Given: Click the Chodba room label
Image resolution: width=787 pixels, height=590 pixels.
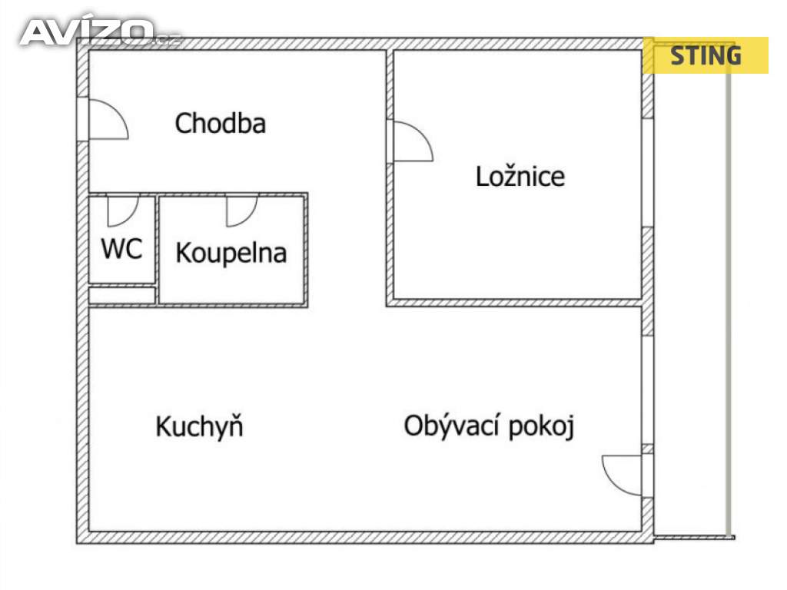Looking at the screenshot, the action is tap(221, 124).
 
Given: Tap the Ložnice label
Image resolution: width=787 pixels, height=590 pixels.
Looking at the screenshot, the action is tap(520, 176).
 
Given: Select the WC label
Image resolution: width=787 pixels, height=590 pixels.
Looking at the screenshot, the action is tap(121, 248).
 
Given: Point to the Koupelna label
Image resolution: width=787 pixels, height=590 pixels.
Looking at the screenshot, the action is tap(231, 253).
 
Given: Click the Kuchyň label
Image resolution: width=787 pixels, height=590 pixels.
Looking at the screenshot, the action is tap(199, 426).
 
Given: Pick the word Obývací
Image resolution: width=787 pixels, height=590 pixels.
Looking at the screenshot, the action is tap(453, 426).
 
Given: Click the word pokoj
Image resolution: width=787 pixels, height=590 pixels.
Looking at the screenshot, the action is tap(542, 427).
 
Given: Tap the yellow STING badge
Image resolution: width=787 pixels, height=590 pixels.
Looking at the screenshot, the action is tap(706, 55).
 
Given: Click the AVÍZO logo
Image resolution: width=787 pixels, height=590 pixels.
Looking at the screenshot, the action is tap(99, 32).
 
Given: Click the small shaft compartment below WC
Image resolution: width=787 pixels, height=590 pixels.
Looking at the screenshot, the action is tap(121, 295).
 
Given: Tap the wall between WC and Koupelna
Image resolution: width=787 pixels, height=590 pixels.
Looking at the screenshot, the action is tap(157, 250).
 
